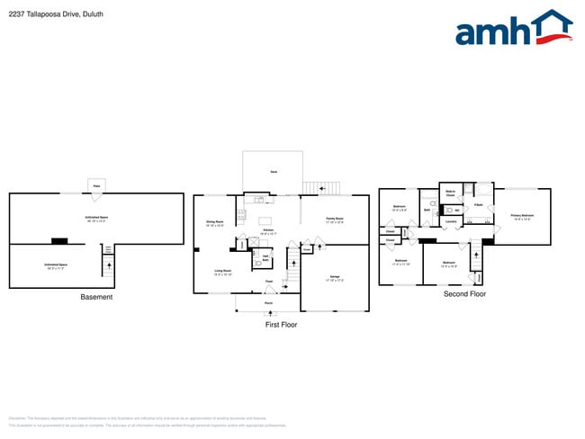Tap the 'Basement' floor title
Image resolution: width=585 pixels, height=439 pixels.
[x=96, y=297]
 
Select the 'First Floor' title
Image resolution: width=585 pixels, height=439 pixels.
[x=280, y=324]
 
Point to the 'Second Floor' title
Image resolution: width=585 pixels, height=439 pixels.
[x=464, y=293]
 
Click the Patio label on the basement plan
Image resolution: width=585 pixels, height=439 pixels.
[x=95, y=186]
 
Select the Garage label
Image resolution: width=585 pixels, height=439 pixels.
[x=334, y=276]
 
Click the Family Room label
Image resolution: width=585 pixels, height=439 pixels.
[x=334, y=219]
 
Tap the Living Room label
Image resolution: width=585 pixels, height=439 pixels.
[x=222, y=271]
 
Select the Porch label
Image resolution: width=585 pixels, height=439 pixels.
[x=268, y=303]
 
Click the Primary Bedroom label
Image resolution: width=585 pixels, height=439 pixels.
[x=522, y=216]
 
